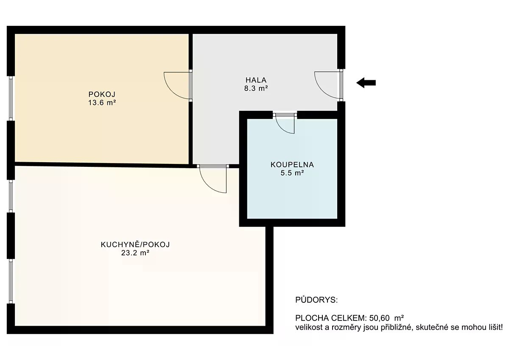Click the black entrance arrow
coord(366,82)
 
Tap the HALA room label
coord(256,80)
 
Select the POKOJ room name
coord(102,94)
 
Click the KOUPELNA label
coord(292,165)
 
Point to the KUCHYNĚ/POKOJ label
coord(135,245)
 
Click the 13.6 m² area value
coord(102,103)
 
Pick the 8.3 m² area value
coord(256,88)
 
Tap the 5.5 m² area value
coord(292,173)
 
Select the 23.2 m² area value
coord(135,253)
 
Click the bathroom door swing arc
coord(282,128)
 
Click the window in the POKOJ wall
coord(11,98)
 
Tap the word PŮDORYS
coord(316,300)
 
